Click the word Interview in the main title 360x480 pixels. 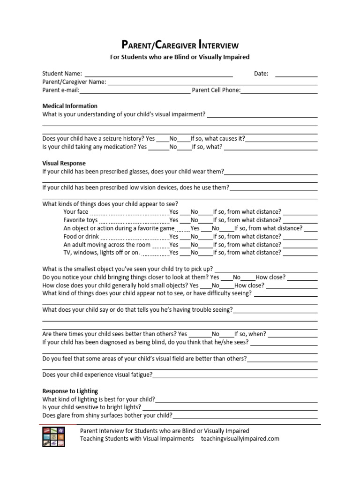219,45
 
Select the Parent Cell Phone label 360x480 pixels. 216,90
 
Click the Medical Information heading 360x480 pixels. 70,106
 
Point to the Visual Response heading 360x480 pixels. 64,163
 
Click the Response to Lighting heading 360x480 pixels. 70,391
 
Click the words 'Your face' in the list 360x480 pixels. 76,212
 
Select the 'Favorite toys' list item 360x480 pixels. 81,220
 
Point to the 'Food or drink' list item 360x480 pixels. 82,236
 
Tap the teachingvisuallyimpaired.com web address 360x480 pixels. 240,439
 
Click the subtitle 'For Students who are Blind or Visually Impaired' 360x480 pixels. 180,57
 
